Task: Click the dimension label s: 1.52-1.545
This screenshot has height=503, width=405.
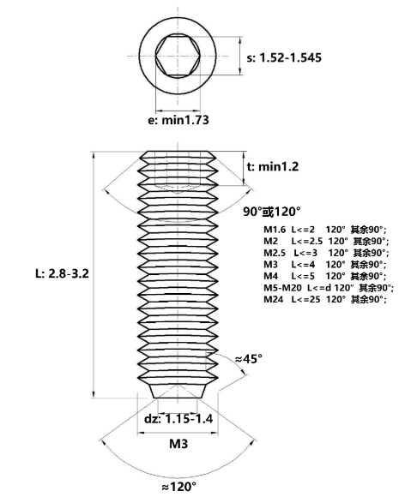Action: click(284, 57)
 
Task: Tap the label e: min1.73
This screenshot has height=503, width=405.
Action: click(178, 120)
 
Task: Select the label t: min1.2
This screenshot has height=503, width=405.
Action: click(273, 166)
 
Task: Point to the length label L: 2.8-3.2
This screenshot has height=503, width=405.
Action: click(62, 273)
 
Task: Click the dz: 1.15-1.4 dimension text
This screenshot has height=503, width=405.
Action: click(178, 419)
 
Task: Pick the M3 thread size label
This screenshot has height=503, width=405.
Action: click(178, 444)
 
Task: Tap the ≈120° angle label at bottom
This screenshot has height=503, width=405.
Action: click(178, 487)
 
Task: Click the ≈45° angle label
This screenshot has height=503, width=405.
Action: click(249, 359)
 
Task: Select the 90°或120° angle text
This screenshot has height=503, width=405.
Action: click(272, 212)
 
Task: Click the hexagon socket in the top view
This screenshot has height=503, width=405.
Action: click(178, 56)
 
